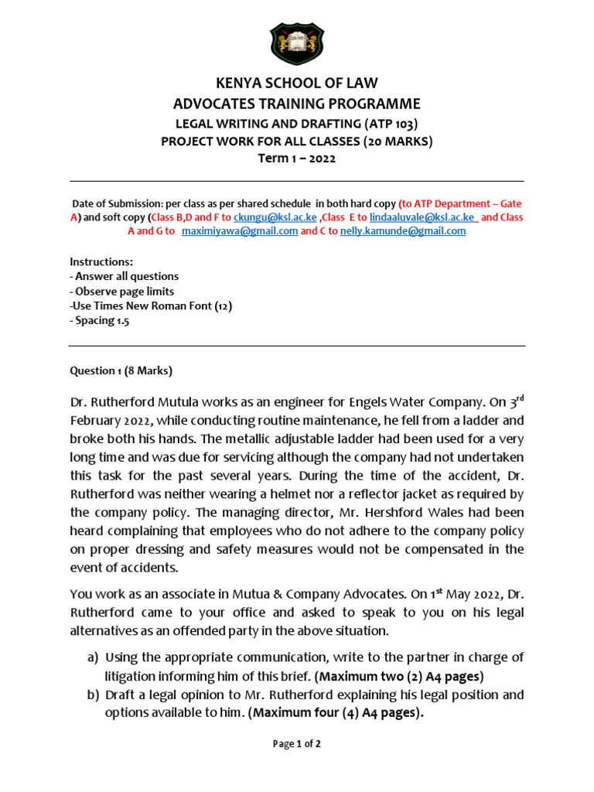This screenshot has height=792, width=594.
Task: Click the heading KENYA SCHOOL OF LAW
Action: coord(297,84)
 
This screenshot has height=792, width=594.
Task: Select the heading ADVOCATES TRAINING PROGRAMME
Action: coord(297,104)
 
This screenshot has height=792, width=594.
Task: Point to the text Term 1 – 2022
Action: coord(297,159)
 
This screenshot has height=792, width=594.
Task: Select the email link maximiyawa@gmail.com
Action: coord(240,231)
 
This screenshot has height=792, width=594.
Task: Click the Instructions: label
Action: coord(101,262)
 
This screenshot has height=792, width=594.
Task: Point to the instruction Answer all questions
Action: coord(125,276)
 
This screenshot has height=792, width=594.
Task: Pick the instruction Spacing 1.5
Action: coord(100,320)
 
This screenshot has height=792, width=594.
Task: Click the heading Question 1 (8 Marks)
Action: coord(121,370)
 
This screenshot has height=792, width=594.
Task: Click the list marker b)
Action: coord(93,695)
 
